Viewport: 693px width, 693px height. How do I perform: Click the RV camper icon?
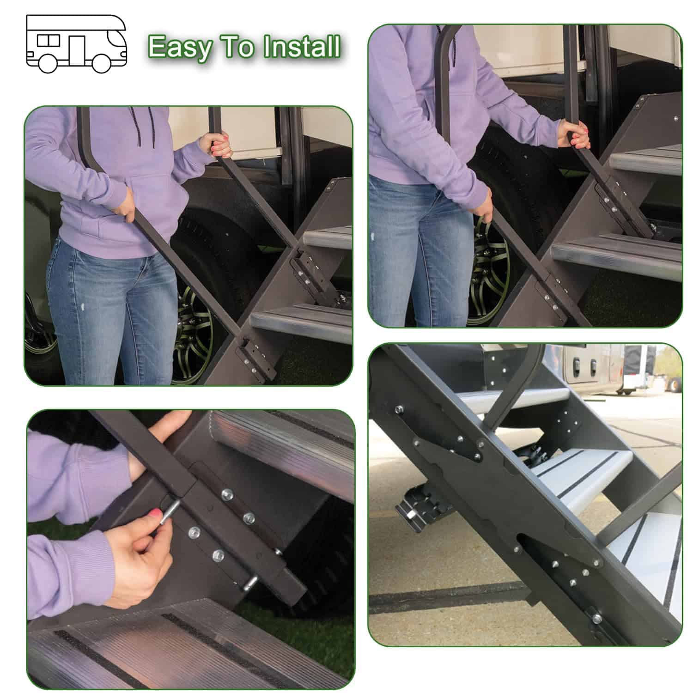[76, 44]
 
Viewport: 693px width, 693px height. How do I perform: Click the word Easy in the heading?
[180, 48]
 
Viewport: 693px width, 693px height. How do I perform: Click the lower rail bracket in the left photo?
[252, 358]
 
